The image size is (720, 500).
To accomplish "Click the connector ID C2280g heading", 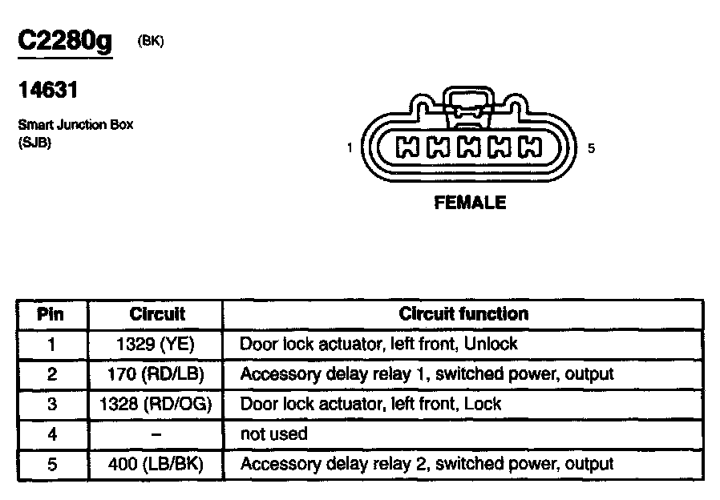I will point(65,42).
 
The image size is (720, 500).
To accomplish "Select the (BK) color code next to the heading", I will point(151,42).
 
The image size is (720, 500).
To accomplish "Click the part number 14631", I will point(47,91).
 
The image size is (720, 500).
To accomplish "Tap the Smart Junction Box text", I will point(75,125).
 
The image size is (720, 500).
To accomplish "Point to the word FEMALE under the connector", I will point(470,203).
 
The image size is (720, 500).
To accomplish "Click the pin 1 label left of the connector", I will point(350,148).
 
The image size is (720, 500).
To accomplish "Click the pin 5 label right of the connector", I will point(591,148).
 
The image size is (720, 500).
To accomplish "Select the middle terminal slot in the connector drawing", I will point(469,147).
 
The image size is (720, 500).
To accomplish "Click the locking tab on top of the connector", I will point(468,104).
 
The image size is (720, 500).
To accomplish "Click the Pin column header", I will point(51,314).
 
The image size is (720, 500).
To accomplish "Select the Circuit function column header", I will point(463,314).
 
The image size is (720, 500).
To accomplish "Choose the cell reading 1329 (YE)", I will point(156,344).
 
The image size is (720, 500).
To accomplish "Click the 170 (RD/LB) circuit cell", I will point(156,373).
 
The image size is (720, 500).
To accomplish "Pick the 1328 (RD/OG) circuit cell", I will point(156,404).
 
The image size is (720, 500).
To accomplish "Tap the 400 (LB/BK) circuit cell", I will point(156,464).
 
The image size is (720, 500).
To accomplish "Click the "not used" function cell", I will point(273,434).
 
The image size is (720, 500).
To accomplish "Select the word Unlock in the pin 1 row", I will point(490,344).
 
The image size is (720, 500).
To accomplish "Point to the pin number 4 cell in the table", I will point(51,434).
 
